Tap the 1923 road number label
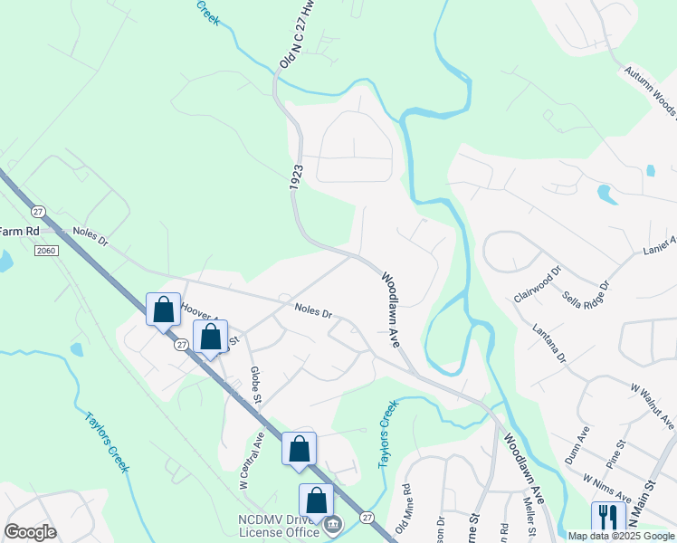pyautogui.click(x=296, y=176)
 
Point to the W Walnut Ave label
pyautogui.click(x=652, y=407)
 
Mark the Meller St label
pyautogui.click(x=526, y=518)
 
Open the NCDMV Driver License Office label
pyautogui.click(x=278, y=526)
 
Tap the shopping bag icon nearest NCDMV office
pyautogui.click(x=316, y=500)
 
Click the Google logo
pyautogui.click(x=30, y=531)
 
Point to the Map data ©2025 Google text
pyautogui.click(x=621, y=536)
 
